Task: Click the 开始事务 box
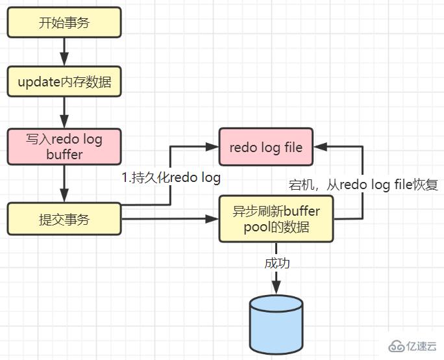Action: pos(64,23)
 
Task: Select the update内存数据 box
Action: pos(64,83)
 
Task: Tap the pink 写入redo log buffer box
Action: pos(64,147)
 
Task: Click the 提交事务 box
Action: pos(64,219)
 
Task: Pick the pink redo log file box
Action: pos(266,147)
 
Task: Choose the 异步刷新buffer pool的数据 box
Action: pos(276,219)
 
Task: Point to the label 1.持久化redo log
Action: pos(171,177)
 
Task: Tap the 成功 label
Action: pos(277,263)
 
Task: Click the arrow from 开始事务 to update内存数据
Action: pos(64,52)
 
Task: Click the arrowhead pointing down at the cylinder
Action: pos(276,287)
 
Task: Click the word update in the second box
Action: pos(38,83)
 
